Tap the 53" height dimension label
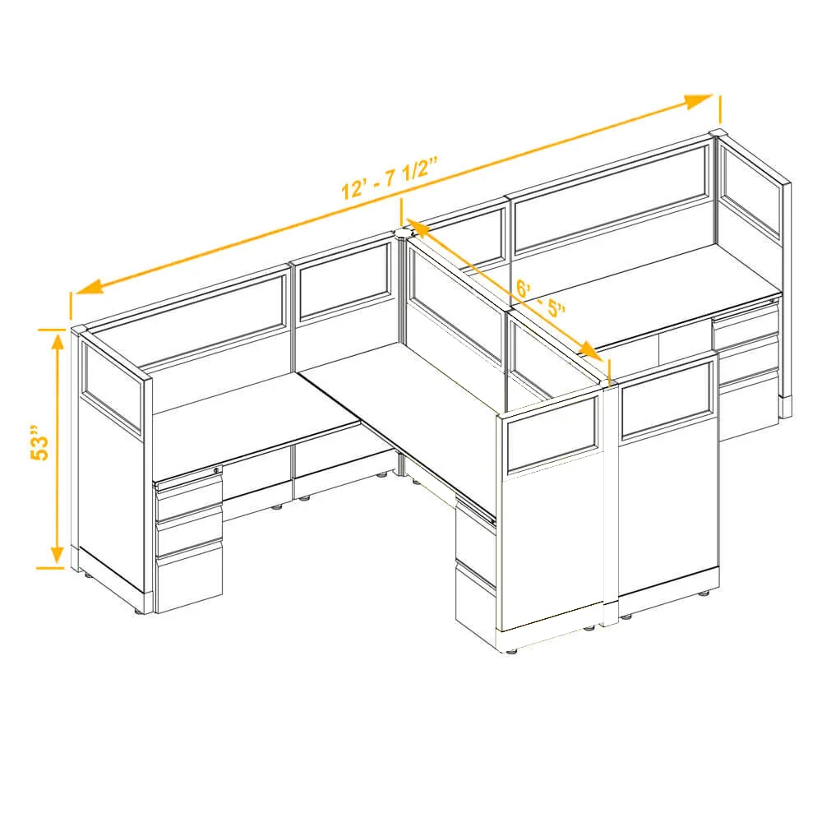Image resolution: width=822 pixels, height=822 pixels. click(39, 442)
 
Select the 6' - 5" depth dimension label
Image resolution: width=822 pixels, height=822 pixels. click(540, 298)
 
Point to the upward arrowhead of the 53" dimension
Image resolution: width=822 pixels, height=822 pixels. click(58, 341)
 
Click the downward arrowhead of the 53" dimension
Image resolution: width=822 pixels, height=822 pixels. click(58, 556)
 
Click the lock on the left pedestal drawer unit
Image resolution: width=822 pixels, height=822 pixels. click(216, 470)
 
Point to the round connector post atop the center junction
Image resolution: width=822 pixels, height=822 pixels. click(404, 233)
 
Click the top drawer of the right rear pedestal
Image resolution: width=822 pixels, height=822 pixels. click(745, 323)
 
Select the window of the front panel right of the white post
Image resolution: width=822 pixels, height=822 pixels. click(666, 400)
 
